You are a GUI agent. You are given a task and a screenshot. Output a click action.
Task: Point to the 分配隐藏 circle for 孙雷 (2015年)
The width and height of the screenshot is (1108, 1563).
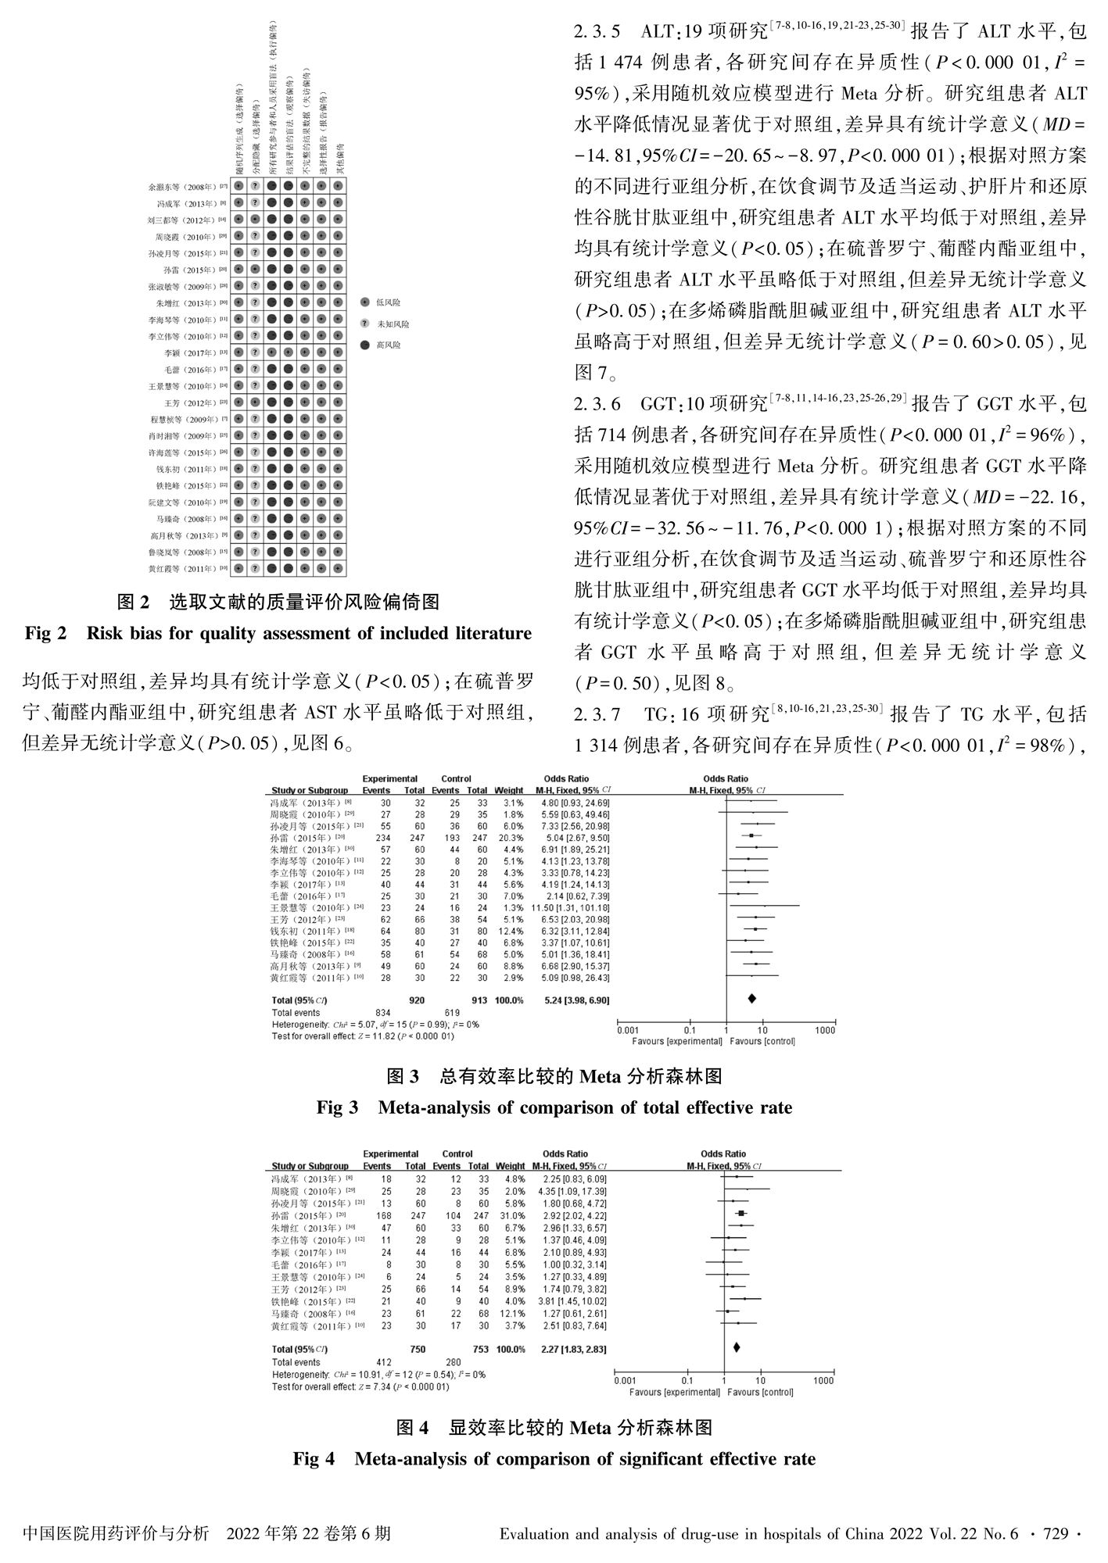coord(255,269)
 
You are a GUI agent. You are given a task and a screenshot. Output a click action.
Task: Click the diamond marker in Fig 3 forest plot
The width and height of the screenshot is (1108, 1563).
coord(752,998)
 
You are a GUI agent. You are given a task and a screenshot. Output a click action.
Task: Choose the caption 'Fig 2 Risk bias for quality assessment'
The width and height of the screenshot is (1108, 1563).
coord(278,633)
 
